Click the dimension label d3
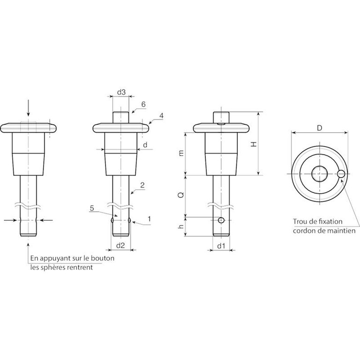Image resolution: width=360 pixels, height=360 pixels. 121,92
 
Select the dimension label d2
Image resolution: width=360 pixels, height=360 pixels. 120,246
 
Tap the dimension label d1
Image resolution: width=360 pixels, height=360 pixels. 221,246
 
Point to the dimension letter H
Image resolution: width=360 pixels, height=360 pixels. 253,144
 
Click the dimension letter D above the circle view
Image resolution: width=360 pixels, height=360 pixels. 320,128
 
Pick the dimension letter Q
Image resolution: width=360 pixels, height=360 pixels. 181,195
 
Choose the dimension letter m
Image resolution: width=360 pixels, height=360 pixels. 181,153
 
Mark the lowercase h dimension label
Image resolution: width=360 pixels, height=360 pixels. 181,226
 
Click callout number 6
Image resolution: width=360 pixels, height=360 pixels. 143,104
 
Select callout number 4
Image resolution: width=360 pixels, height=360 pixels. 162,116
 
